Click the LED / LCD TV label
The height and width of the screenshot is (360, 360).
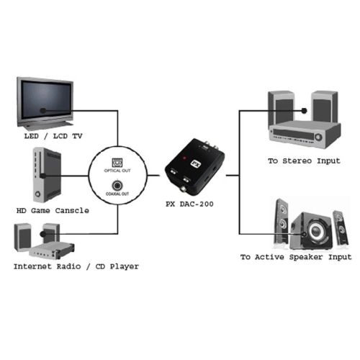(53, 136)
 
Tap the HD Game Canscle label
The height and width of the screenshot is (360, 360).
(53, 211)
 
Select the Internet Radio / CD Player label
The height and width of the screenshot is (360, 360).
(76, 266)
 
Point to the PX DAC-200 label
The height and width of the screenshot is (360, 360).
(189, 204)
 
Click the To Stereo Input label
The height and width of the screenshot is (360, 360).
(304, 161)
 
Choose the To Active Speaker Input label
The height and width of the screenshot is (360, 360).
(296, 257)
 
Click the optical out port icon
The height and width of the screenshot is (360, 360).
(117, 163)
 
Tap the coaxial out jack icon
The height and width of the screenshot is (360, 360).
(117, 186)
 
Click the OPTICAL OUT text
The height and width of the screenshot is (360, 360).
(117, 171)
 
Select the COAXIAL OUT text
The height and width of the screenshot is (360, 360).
(117, 194)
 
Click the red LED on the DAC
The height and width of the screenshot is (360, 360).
(184, 158)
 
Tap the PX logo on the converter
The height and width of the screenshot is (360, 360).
(196, 164)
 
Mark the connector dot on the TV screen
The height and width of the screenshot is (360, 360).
(43, 111)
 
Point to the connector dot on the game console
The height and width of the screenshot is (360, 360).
(42, 176)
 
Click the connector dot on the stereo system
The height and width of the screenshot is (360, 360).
(305, 111)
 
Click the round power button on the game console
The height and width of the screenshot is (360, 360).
(37, 194)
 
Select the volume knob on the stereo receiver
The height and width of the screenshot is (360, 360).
(318, 137)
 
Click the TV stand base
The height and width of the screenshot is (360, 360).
(45, 125)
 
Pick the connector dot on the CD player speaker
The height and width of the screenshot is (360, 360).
(42, 234)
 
